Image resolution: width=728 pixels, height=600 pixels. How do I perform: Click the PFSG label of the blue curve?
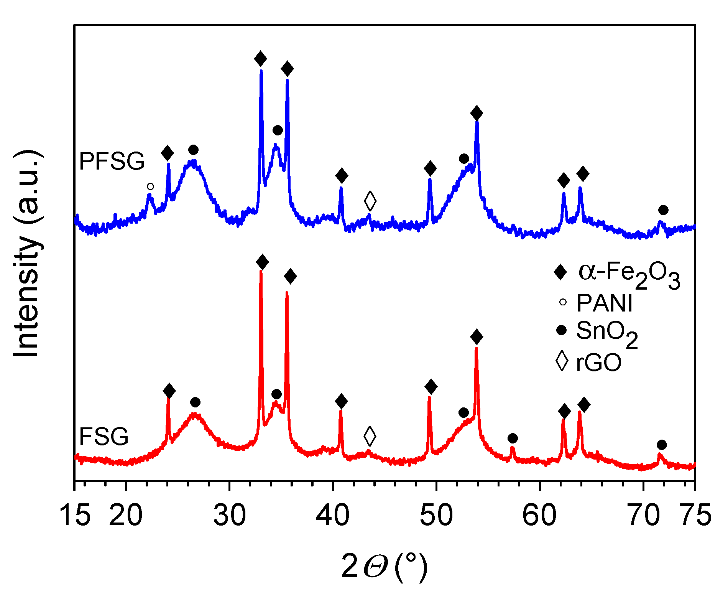112,161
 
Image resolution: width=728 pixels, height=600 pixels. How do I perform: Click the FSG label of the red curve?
104,437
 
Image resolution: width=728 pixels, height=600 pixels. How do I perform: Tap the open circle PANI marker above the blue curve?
150,186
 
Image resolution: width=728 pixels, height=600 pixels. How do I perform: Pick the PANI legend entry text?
605,303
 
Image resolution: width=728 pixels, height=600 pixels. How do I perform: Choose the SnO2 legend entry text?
607,332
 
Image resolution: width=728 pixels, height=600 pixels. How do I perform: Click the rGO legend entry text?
598,362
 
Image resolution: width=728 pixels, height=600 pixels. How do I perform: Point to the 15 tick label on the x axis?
75,515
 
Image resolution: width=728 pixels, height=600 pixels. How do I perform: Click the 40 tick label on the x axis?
333,515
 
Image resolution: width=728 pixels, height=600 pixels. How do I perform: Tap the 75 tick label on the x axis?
695,515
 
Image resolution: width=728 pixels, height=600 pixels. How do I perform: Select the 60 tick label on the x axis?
539,515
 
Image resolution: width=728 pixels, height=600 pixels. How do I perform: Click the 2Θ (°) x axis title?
384,566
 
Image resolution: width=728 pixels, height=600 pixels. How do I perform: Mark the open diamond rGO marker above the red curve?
370,436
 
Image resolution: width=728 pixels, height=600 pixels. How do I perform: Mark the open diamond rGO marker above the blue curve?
370,200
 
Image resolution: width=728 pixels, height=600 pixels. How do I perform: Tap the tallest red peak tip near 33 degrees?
261,271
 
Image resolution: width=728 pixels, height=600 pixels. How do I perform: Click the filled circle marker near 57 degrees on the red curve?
513,438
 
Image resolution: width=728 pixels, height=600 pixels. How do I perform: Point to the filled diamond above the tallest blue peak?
261,59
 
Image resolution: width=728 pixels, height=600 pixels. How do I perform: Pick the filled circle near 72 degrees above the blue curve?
663,210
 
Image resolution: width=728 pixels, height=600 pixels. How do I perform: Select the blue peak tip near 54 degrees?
477,122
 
